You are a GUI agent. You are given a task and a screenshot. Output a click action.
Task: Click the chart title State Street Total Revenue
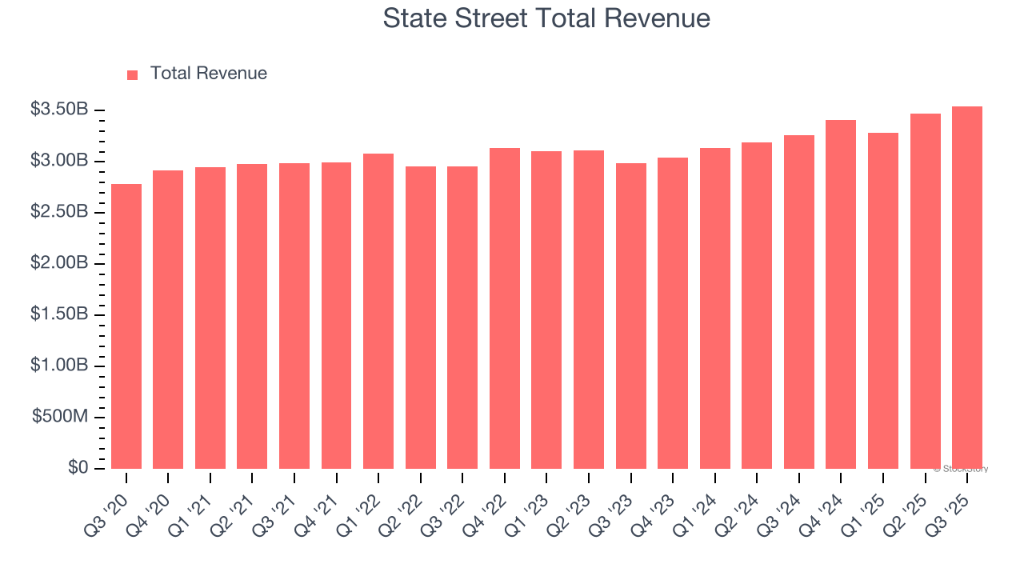click(x=546, y=18)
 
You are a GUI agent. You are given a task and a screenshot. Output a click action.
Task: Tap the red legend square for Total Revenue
click(x=132, y=74)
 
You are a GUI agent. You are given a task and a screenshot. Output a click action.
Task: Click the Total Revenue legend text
click(x=208, y=74)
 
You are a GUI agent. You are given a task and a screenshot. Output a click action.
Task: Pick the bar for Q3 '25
click(x=967, y=288)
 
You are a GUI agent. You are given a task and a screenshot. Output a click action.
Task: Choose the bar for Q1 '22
click(x=378, y=311)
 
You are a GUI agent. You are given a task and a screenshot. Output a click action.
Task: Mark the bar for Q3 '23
click(x=631, y=316)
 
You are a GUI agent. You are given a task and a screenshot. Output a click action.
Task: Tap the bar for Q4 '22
click(x=505, y=308)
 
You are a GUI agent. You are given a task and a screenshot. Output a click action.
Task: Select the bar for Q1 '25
click(x=883, y=301)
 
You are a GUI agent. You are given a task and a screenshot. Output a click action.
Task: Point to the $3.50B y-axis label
click(x=59, y=110)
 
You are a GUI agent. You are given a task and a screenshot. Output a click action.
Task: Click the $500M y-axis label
click(x=60, y=417)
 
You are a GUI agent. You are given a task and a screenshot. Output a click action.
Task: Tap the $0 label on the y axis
click(x=78, y=468)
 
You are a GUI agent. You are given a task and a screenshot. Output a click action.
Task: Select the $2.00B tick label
click(x=59, y=263)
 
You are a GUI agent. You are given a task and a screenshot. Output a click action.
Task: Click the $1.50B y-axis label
click(x=59, y=314)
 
